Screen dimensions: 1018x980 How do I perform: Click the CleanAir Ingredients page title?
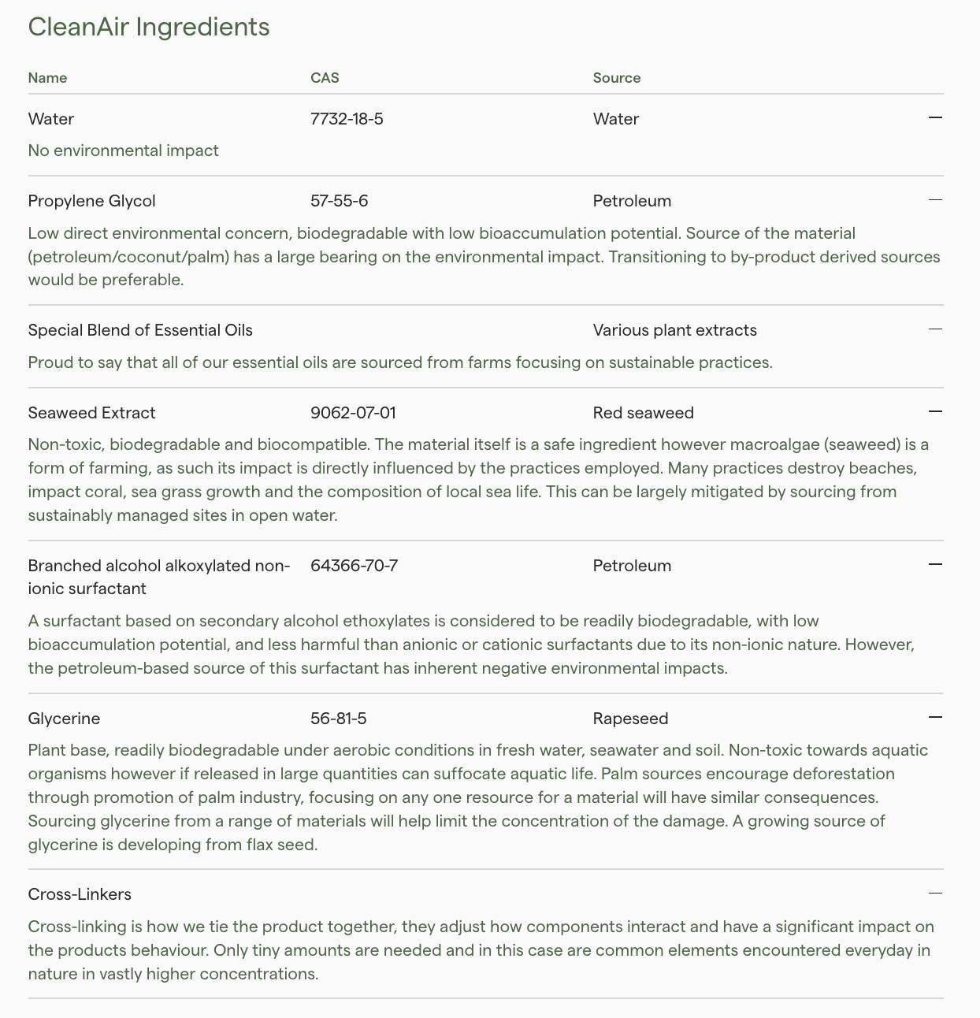(149, 27)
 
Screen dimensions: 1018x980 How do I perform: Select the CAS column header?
(325, 78)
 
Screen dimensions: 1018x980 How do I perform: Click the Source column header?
(617, 78)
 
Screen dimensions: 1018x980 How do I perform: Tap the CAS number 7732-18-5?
(347, 119)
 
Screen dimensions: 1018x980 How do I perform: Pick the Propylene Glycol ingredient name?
(91, 201)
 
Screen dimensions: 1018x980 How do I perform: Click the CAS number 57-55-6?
(339, 201)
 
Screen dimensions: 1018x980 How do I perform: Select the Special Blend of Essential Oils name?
(140, 330)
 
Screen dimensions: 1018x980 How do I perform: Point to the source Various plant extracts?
(674, 330)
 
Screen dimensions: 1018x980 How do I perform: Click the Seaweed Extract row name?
(91, 413)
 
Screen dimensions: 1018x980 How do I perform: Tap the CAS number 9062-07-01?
(353, 413)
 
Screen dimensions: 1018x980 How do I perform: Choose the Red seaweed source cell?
(643, 413)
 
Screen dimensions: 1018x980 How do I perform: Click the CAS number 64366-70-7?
(354, 566)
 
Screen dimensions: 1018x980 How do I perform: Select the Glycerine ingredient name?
(64, 719)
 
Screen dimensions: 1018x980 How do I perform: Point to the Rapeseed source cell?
(630, 719)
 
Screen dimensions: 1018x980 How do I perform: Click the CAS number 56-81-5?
(338, 719)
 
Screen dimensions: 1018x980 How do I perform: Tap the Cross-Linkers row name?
(80, 894)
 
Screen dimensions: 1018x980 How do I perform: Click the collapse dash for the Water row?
(935, 117)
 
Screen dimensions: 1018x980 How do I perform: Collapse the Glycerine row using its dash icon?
(935, 717)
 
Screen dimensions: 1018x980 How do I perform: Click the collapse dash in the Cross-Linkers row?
(935, 893)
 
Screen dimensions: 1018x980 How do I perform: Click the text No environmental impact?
(123, 150)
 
